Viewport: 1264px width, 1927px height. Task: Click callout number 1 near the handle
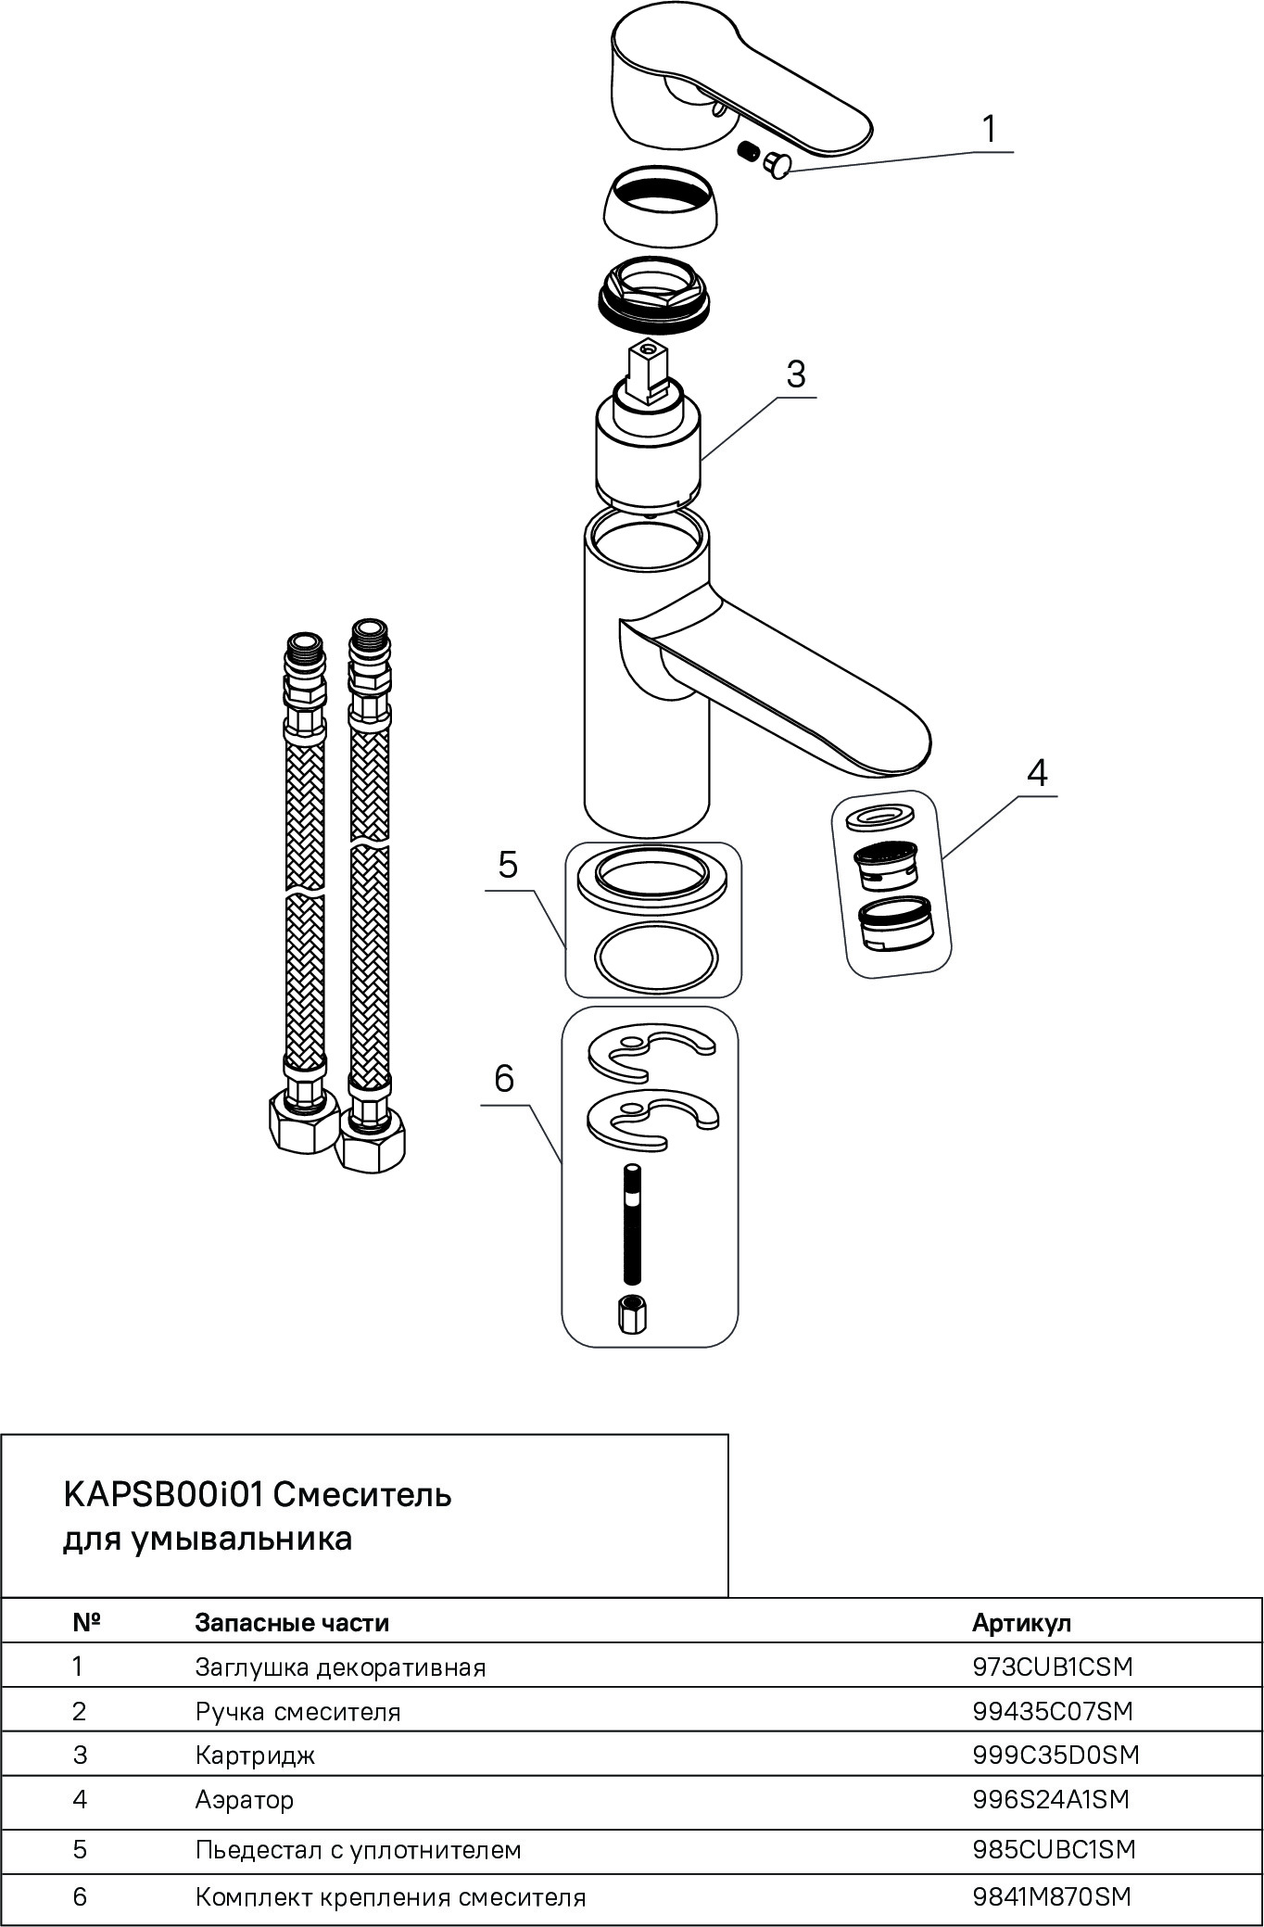[990, 130]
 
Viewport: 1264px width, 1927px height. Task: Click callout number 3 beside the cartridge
[796, 374]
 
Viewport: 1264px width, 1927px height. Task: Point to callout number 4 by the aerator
[1037, 772]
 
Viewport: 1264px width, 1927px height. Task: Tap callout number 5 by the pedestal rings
[508, 864]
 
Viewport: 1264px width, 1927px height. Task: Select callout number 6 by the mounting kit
[504, 1078]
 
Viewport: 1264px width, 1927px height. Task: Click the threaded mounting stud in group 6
[631, 1223]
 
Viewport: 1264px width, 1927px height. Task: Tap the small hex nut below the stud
[631, 1312]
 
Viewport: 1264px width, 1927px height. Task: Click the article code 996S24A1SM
[1051, 1799]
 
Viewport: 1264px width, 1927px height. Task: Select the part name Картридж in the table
[255, 1755]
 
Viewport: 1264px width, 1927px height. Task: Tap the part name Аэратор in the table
[245, 1799]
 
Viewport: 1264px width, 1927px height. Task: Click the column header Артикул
[1021, 1622]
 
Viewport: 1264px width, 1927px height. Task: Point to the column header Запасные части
[292, 1622]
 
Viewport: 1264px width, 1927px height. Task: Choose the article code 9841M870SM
[1052, 1896]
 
